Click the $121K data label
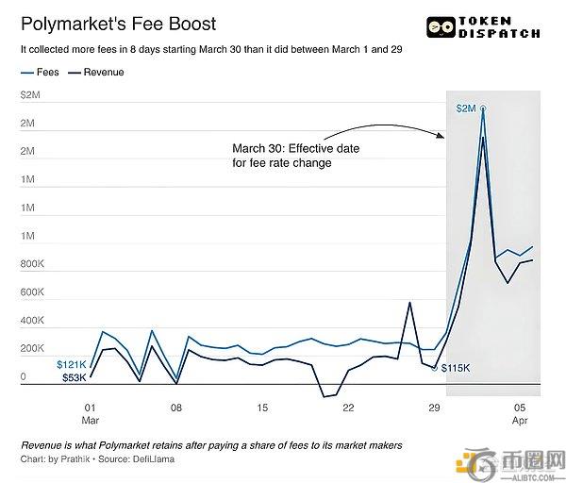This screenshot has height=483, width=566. [x=73, y=363]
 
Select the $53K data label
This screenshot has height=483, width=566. [x=75, y=377]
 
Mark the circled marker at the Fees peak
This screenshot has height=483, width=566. [x=483, y=109]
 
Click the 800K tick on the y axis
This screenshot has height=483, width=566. [x=31, y=264]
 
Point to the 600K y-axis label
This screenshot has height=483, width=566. [x=31, y=292]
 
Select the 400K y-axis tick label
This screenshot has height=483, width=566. [x=31, y=321]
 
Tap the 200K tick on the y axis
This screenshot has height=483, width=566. [x=31, y=349]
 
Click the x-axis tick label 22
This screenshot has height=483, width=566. [x=348, y=408]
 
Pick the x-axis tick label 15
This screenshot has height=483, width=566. [x=262, y=408]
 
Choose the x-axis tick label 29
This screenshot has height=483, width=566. [x=434, y=408]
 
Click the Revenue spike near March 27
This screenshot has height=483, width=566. [x=409, y=303]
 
